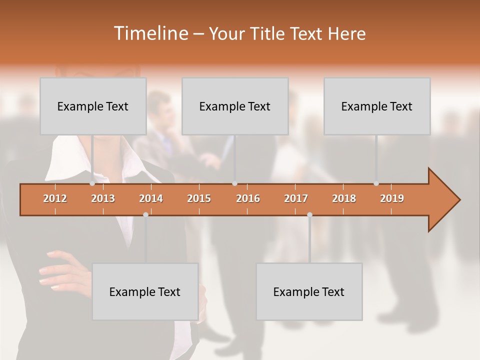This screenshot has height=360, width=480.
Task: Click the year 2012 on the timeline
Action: [55, 198]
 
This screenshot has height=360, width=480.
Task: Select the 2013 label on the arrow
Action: [103, 198]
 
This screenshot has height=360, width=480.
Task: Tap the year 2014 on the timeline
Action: [151, 198]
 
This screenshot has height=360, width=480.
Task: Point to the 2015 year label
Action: [199, 198]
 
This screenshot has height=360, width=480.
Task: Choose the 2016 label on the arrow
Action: [248, 198]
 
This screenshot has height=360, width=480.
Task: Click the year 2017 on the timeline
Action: [296, 198]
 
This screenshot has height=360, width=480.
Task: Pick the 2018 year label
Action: [344, 198]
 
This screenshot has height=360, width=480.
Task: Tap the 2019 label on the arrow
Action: [392, 198]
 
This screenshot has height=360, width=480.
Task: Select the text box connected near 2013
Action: [93, 106]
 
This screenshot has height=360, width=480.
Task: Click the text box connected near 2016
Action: [235, 106]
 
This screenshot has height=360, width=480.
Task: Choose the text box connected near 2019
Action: [377, 106]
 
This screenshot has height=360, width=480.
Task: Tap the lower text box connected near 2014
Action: [145, 291]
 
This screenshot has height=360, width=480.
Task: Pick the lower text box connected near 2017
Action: [309, 291]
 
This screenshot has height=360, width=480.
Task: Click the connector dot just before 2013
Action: [92, 183]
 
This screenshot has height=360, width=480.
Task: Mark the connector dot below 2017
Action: [309, 214]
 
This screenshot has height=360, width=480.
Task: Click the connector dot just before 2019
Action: [376, 183]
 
